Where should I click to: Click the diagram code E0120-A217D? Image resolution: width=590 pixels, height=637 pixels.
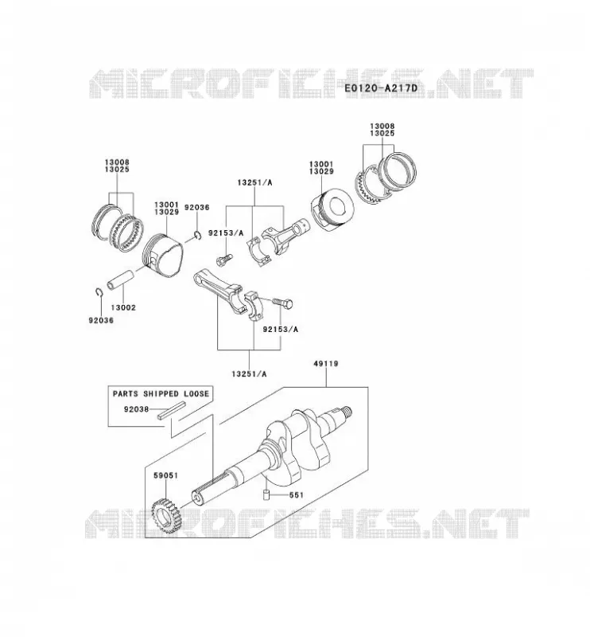tap(381, 88)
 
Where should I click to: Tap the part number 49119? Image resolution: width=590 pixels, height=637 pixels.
tap(326, 364)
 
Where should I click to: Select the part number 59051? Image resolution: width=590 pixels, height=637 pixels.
tap(165, 475)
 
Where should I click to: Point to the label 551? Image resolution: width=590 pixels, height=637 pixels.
tap(297, 494)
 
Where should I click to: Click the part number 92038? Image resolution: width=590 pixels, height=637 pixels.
tap(136, 409)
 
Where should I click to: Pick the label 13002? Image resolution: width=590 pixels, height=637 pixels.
tap(123, 307)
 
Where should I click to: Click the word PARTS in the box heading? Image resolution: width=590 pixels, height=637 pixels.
tap(126, 393)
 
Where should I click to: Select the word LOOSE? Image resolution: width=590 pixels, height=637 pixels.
tap(196, 393)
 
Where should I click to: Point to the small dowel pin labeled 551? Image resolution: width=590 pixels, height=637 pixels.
tap(266, 495)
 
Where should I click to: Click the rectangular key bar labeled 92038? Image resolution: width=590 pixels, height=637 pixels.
tap(172, 410)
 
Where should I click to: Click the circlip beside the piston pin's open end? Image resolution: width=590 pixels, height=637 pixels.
tap(99, 292)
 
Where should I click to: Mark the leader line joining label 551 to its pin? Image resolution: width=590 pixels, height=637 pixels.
tap(279, 495)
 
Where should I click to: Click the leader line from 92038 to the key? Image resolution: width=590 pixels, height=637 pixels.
tap(153, 409)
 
